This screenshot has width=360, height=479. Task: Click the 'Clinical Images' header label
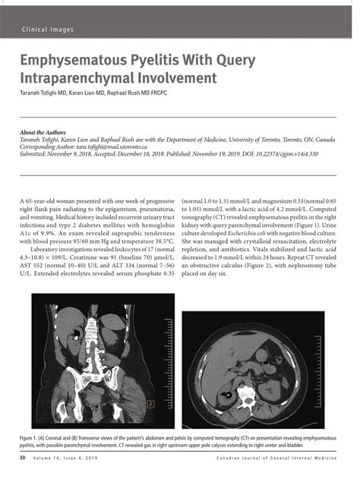click(48, 30)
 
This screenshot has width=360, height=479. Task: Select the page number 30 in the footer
click(24, 459)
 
